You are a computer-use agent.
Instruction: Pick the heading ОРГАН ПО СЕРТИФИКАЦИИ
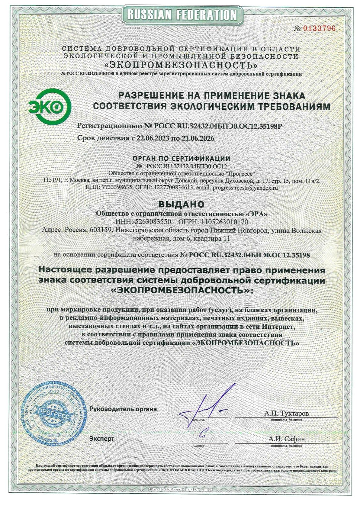click(x=181, y=159)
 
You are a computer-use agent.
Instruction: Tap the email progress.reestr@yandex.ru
click(x=244, y=188)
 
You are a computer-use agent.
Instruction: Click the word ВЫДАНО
click(x=181, y=203)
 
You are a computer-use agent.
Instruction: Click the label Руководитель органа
click(x=123, y=409)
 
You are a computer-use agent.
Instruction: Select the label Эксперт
click(x=102, y=439)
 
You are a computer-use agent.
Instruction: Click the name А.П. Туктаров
click(x=286, y=414)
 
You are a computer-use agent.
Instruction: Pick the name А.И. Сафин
click(x=286, y=439)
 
